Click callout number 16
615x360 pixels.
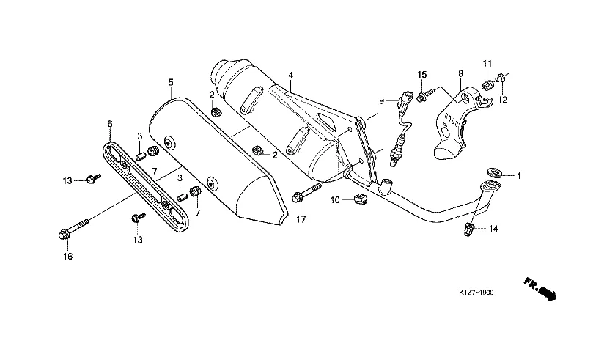[68, 257]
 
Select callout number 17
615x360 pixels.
[301, 220]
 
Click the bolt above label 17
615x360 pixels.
[306, 193]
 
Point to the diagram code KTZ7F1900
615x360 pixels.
[476, 293]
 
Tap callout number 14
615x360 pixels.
[493, 229]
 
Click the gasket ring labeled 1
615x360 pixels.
[493, 172]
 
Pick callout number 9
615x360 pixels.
[381, 101]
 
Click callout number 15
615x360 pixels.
[422, 75]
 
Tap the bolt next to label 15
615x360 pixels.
[425, 94]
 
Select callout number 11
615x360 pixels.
[487, 64]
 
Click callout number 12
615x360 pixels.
[503, 100]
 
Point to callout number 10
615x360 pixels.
[335, 200]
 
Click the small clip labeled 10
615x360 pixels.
[360, 199]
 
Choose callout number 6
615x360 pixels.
[110, 124]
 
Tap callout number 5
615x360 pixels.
[171, 82]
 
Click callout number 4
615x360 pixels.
[290, 75]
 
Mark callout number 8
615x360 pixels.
[461, 73]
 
